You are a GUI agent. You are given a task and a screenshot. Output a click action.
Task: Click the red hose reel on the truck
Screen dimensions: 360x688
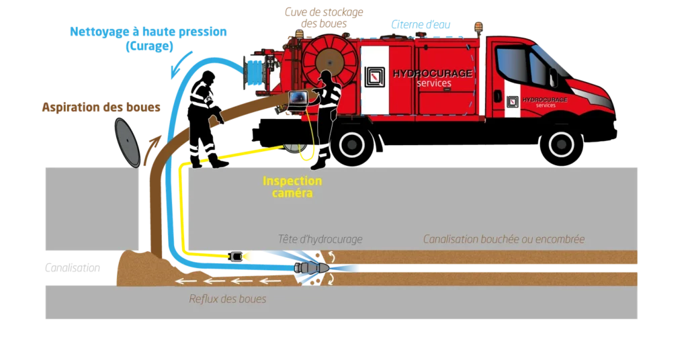[x=329, y=63]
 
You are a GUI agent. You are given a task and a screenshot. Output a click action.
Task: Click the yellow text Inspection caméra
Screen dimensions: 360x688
[x=292, y=187]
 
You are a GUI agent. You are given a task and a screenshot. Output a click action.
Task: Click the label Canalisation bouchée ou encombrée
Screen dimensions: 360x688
[x=503, y=239]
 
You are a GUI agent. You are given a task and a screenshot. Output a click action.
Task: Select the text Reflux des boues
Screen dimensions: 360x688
[x=227, y=299]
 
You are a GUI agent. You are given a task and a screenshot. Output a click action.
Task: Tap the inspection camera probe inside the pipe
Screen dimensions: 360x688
[x=236, y=256]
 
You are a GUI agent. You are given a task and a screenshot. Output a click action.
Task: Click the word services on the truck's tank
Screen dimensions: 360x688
[x=434, y=83]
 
